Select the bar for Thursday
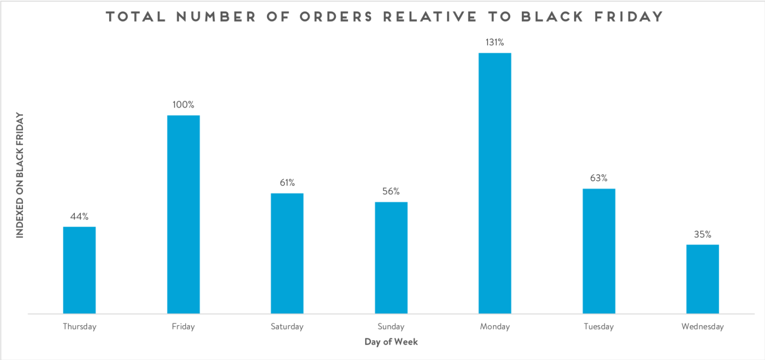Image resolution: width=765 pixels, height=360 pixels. click(79, 270)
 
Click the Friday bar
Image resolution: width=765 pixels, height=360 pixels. click(183, 215)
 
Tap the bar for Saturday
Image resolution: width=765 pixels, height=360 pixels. click(287, 253)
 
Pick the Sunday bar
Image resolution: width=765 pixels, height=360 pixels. click(391, 258)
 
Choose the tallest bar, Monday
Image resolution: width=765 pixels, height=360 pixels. click(495, 183)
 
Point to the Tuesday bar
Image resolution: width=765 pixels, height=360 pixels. click(599, 251)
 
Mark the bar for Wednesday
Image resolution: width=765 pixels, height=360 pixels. click(702, 279)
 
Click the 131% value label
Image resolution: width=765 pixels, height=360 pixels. click(495, 43)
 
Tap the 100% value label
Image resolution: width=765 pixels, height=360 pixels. click(183, 105)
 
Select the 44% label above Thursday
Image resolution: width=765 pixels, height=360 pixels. click(79, 217)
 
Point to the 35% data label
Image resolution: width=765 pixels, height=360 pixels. click(702, 234)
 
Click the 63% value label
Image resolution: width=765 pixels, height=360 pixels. click(599, 178)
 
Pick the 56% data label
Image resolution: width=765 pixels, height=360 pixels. click(391, 192)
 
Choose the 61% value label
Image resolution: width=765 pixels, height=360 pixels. click(287, 183)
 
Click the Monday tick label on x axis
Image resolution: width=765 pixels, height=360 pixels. click(495, 327)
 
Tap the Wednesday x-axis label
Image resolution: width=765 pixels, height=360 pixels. click(702, 327)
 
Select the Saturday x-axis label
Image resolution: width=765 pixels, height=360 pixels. click(287, 327)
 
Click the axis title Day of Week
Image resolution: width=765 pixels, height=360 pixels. click(391, 342)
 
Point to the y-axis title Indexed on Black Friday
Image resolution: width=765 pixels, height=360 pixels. click(20, 176)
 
